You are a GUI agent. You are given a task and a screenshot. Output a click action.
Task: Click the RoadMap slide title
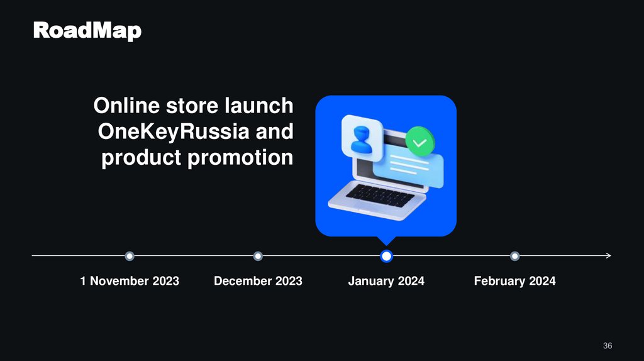[x=87, y=30]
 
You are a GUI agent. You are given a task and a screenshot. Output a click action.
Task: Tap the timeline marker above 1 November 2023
[x=130, y=256]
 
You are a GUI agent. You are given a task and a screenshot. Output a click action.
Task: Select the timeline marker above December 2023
[x=258, y=256]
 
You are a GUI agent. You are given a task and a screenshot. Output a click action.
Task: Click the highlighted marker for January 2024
[x=387, y=256]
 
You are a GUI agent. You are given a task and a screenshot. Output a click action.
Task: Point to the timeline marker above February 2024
[x=515, y=256]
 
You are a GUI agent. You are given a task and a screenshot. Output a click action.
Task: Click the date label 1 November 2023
[x=130, y=281]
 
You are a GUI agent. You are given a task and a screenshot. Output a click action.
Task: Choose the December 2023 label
[x=258, y=281]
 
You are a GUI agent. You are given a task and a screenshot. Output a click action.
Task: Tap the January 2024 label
[x=386, y=281]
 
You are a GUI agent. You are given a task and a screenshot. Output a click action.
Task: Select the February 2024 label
[x=514, y=281]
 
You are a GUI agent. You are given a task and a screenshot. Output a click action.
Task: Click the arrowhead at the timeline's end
[x=608, y=256]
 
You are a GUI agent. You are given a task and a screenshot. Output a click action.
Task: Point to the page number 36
[x=607, y=346]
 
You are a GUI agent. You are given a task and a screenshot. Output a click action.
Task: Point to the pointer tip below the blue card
[x=386, y=243]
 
